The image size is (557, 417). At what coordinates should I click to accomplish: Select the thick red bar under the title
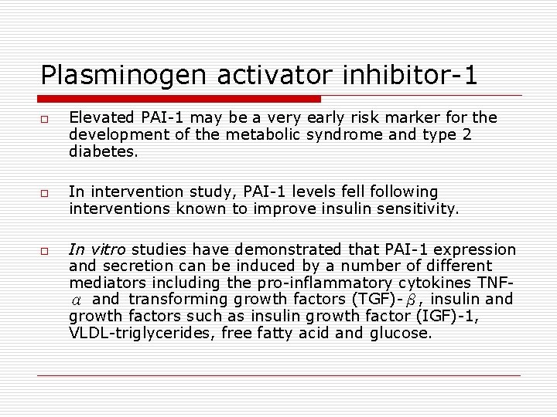coord(179,99)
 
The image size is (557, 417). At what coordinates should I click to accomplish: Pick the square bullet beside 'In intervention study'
coord(46,193)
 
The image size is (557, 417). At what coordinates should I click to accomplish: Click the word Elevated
coord(99,117)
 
